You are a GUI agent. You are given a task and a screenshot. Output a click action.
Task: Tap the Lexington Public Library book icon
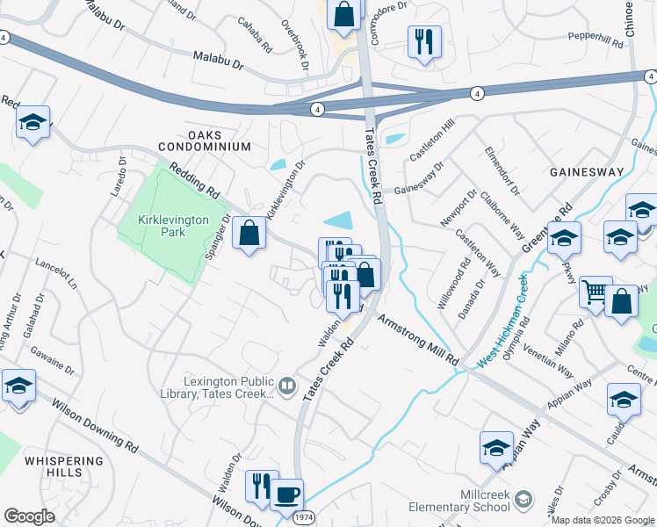[x=286, y=386]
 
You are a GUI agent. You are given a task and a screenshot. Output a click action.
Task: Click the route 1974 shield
[x=302, y=519]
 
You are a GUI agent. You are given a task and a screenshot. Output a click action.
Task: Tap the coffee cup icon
[x=286, y=495]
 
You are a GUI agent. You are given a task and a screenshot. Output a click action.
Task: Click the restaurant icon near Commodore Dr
[x=424, y=41]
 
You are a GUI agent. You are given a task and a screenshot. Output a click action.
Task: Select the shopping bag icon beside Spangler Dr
[x=249, y=234]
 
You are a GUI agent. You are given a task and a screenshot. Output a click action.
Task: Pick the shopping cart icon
[x=596, y=292]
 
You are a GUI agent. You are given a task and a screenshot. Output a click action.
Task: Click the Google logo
[x=29, y=516]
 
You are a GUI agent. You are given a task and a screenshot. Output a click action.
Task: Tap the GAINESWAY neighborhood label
[x=587, y=173]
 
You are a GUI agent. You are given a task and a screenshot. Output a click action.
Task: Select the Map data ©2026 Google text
[x=603, y=520]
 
